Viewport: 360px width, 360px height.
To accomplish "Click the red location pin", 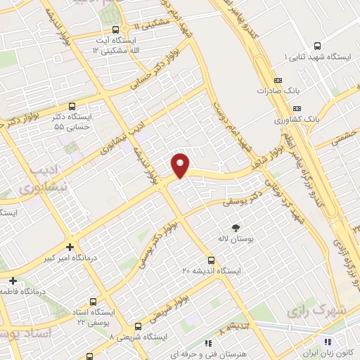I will pos(181,165).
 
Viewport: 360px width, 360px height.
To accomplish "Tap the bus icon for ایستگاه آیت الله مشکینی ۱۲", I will pos(116,30).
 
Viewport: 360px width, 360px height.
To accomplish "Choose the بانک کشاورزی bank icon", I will pos(297,108).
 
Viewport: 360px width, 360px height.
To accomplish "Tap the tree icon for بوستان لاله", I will pos(235,227).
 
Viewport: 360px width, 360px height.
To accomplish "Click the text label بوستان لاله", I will pos(236,240).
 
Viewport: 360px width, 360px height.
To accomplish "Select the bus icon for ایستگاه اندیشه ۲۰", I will pos(212,259).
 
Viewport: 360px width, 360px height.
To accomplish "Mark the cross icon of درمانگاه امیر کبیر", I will pos(70,247).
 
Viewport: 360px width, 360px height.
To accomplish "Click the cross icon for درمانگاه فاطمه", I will pos(13,281).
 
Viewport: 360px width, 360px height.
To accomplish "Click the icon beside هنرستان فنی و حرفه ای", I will pos(207,343).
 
